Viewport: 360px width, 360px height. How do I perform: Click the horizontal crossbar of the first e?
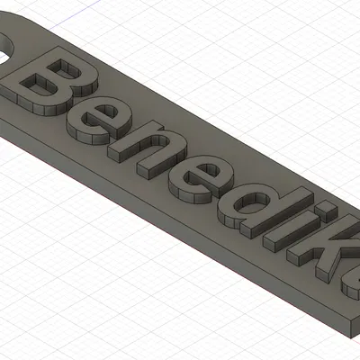tap(104, 122)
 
